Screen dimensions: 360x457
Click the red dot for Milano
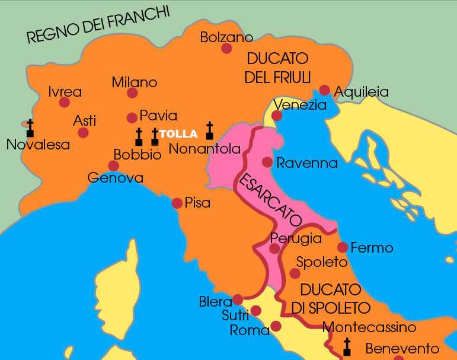click(132, 93)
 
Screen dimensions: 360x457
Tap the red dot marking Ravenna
click(267, 162)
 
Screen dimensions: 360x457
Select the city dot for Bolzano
click(226, 48)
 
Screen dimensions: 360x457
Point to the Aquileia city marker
click(325, 90)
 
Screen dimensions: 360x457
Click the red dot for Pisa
click(177, 203)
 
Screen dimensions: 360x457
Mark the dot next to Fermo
click(342, 247)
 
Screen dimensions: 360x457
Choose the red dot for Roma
click(276, 326)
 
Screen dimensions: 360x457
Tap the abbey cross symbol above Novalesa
click(30, 129)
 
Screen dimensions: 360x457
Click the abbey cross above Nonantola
click(209, 131)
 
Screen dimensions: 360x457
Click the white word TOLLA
click(178, 134)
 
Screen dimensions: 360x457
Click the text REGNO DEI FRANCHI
click(98, 25)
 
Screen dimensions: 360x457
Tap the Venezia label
click(300, 106)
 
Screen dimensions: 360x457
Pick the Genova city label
click(115, 177)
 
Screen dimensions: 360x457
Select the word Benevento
click(402, 349)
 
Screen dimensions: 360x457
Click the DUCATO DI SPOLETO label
click(331, 299)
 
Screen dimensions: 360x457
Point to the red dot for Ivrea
click(65, 103)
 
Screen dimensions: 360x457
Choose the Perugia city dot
click(274, 249)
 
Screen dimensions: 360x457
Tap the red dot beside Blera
click(238, 300)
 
